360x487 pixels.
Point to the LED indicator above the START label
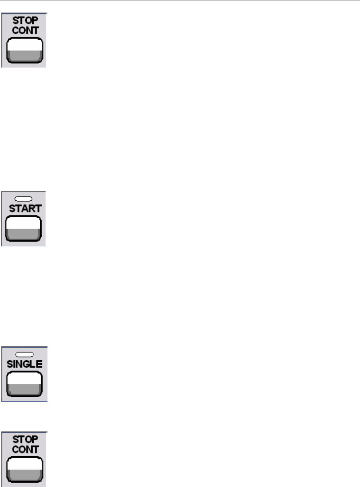pyautogui.click(x=25, y=199)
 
